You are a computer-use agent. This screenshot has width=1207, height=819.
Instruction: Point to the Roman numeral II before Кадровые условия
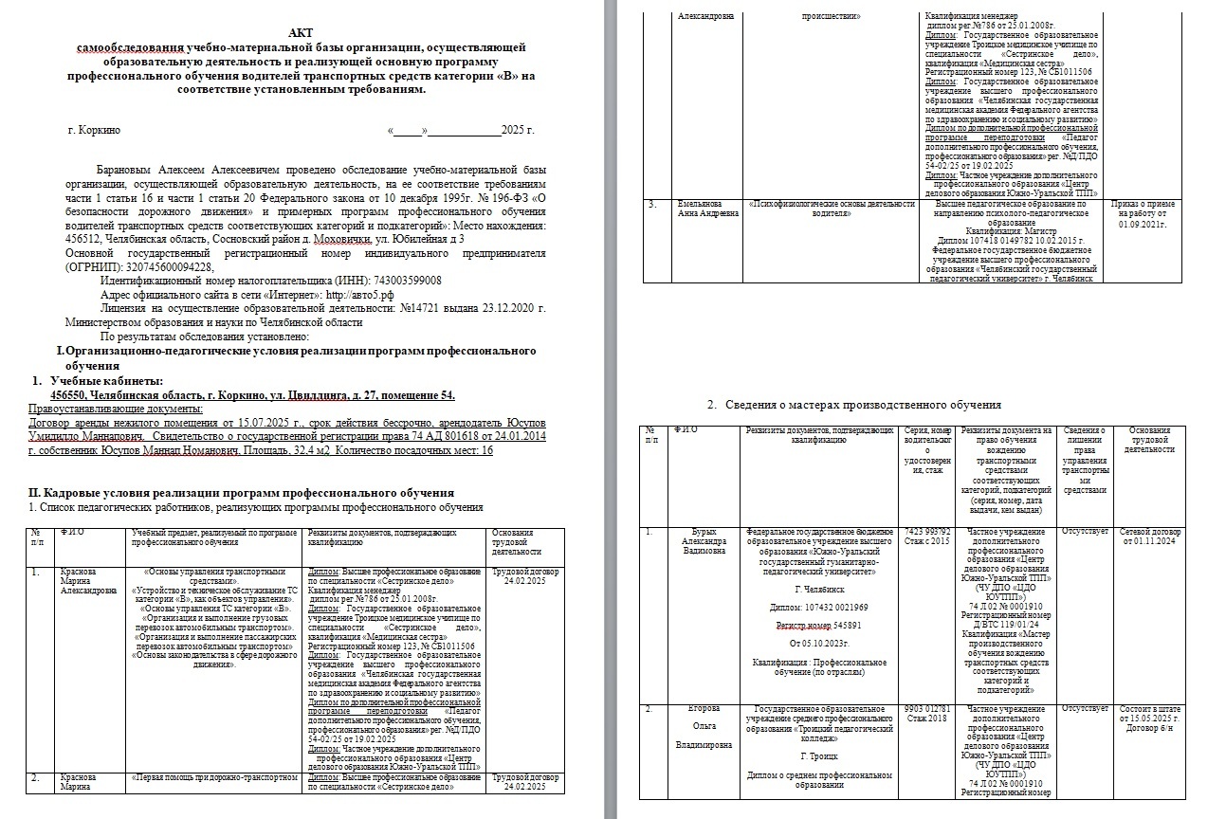36,493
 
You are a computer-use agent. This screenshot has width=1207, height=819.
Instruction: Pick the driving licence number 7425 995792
927,532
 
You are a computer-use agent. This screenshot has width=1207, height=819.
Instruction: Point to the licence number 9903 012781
927,708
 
